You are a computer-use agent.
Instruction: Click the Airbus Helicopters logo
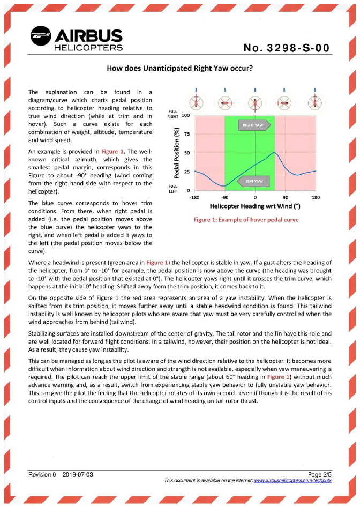pos(77,40)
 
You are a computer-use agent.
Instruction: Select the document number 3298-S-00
pos(286,49)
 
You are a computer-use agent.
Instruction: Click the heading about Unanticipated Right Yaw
pos(180,69)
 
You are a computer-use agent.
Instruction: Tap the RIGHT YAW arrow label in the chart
pos(254,124)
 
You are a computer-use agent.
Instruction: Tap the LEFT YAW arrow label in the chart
pos(254,181)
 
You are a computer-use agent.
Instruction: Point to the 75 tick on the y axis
pos(187,135)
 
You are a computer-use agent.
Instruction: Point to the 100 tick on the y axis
pos(186,116)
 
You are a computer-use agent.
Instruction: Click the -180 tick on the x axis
pos(194,198)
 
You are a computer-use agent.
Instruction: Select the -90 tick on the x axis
pos(224,198)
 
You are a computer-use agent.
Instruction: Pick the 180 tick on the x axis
pos(316,198)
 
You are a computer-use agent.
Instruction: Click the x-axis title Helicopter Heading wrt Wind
pos(254,206)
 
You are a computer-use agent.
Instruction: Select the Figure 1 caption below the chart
pos(246,220)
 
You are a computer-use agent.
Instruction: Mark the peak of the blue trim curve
pos(274,153)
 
